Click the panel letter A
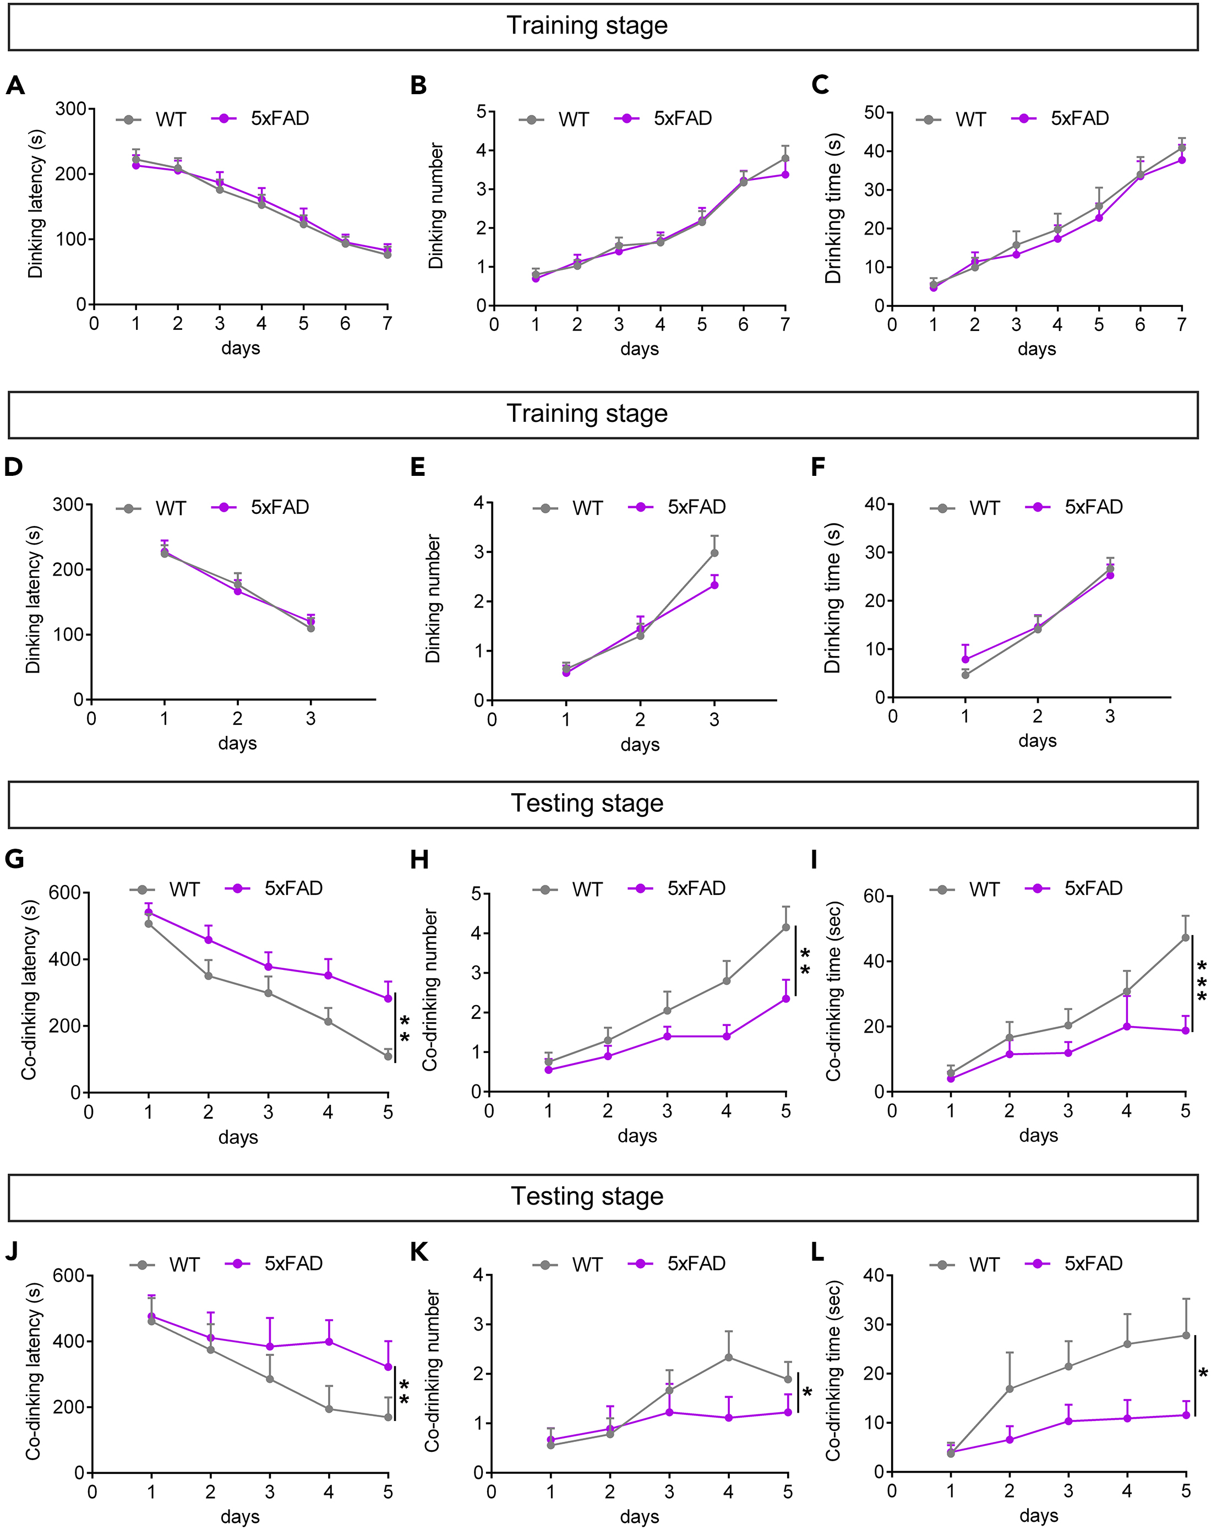15,86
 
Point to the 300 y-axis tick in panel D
68,504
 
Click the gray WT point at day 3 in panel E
714,552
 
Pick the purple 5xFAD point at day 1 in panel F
965,659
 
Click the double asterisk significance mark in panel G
405,1028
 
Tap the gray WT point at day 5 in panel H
785,927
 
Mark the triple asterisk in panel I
1201,981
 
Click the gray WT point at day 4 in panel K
728,1357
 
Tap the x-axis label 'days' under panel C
1037,349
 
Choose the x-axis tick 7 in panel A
387,323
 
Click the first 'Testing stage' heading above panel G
587,803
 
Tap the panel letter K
418,1252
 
